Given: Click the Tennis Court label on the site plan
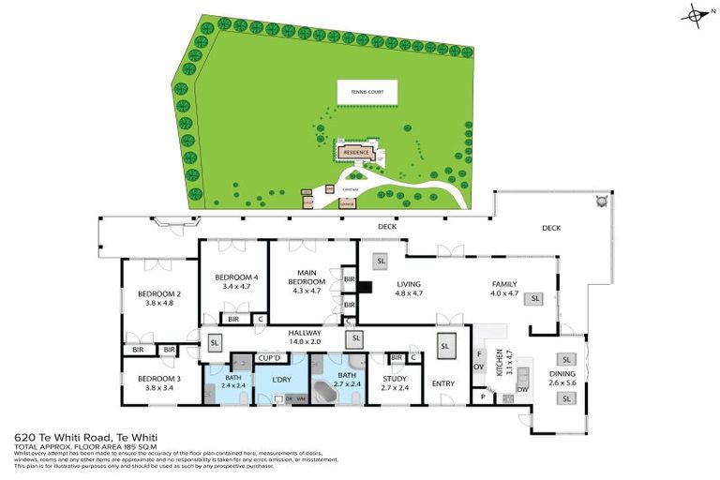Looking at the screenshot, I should [x=367, y=92].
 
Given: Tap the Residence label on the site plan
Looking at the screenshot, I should [x=356, y=151].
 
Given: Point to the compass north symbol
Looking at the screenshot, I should [x=696, y=14].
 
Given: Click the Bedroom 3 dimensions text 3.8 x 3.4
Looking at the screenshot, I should [x=157, y=387].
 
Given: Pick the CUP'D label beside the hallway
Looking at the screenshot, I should [x=270, y=358].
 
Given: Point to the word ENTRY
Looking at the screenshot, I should [x=442, y=383].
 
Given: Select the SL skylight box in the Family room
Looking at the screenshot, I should [x=535, y=298].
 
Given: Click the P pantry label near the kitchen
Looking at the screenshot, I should [x=484, y=397].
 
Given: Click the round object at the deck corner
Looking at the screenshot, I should [x=599, y=201].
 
